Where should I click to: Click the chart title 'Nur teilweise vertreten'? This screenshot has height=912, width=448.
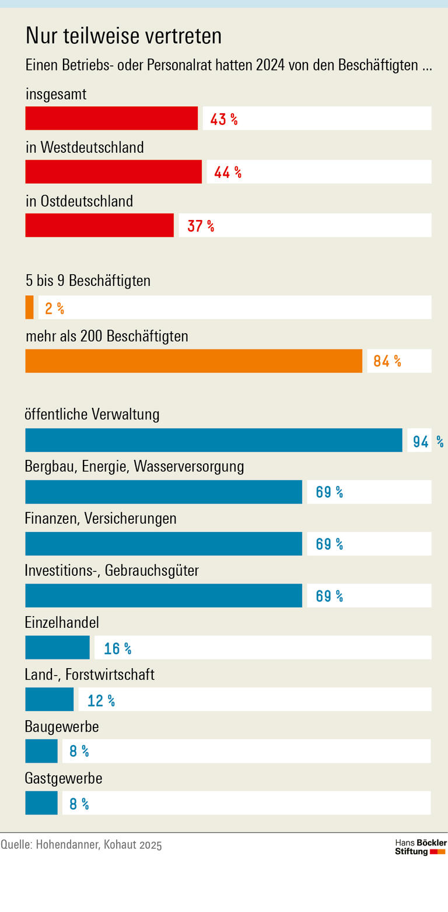124,36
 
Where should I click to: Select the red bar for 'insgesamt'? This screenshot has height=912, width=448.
111,118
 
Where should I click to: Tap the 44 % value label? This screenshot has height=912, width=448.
228,172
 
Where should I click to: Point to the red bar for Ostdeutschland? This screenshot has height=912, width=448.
99,225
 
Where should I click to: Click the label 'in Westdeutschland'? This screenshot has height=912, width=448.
85,148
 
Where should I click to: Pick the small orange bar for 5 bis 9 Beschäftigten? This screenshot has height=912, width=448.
29,308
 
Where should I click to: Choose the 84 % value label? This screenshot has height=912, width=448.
387,361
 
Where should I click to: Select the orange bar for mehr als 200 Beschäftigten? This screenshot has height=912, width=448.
194,361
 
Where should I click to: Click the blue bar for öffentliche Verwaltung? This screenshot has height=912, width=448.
213,441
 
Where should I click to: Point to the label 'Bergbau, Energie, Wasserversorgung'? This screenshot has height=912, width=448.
134,467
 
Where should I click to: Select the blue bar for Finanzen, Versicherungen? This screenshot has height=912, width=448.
163,544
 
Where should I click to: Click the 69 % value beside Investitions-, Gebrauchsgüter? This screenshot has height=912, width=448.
329,596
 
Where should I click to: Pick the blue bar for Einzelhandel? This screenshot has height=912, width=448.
57,648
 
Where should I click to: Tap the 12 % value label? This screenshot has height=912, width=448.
101,700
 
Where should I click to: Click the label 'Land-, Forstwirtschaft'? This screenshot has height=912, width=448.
89,675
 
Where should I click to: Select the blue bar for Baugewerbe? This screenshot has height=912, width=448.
41,752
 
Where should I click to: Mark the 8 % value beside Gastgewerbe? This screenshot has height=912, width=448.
79,804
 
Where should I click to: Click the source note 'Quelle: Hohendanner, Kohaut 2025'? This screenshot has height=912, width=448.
81,845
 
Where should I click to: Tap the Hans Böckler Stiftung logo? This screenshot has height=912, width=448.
420,847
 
